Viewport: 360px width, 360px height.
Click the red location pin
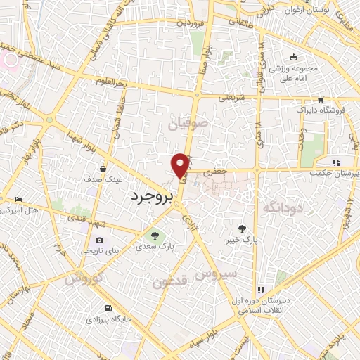tap(181, 165)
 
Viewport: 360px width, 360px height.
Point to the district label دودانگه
tap(283, 207)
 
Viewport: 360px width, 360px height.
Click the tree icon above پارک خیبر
tap(243, 228)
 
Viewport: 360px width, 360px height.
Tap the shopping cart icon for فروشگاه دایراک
tap(321, 100)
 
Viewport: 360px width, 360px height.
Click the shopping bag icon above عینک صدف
tap(103, 169)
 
